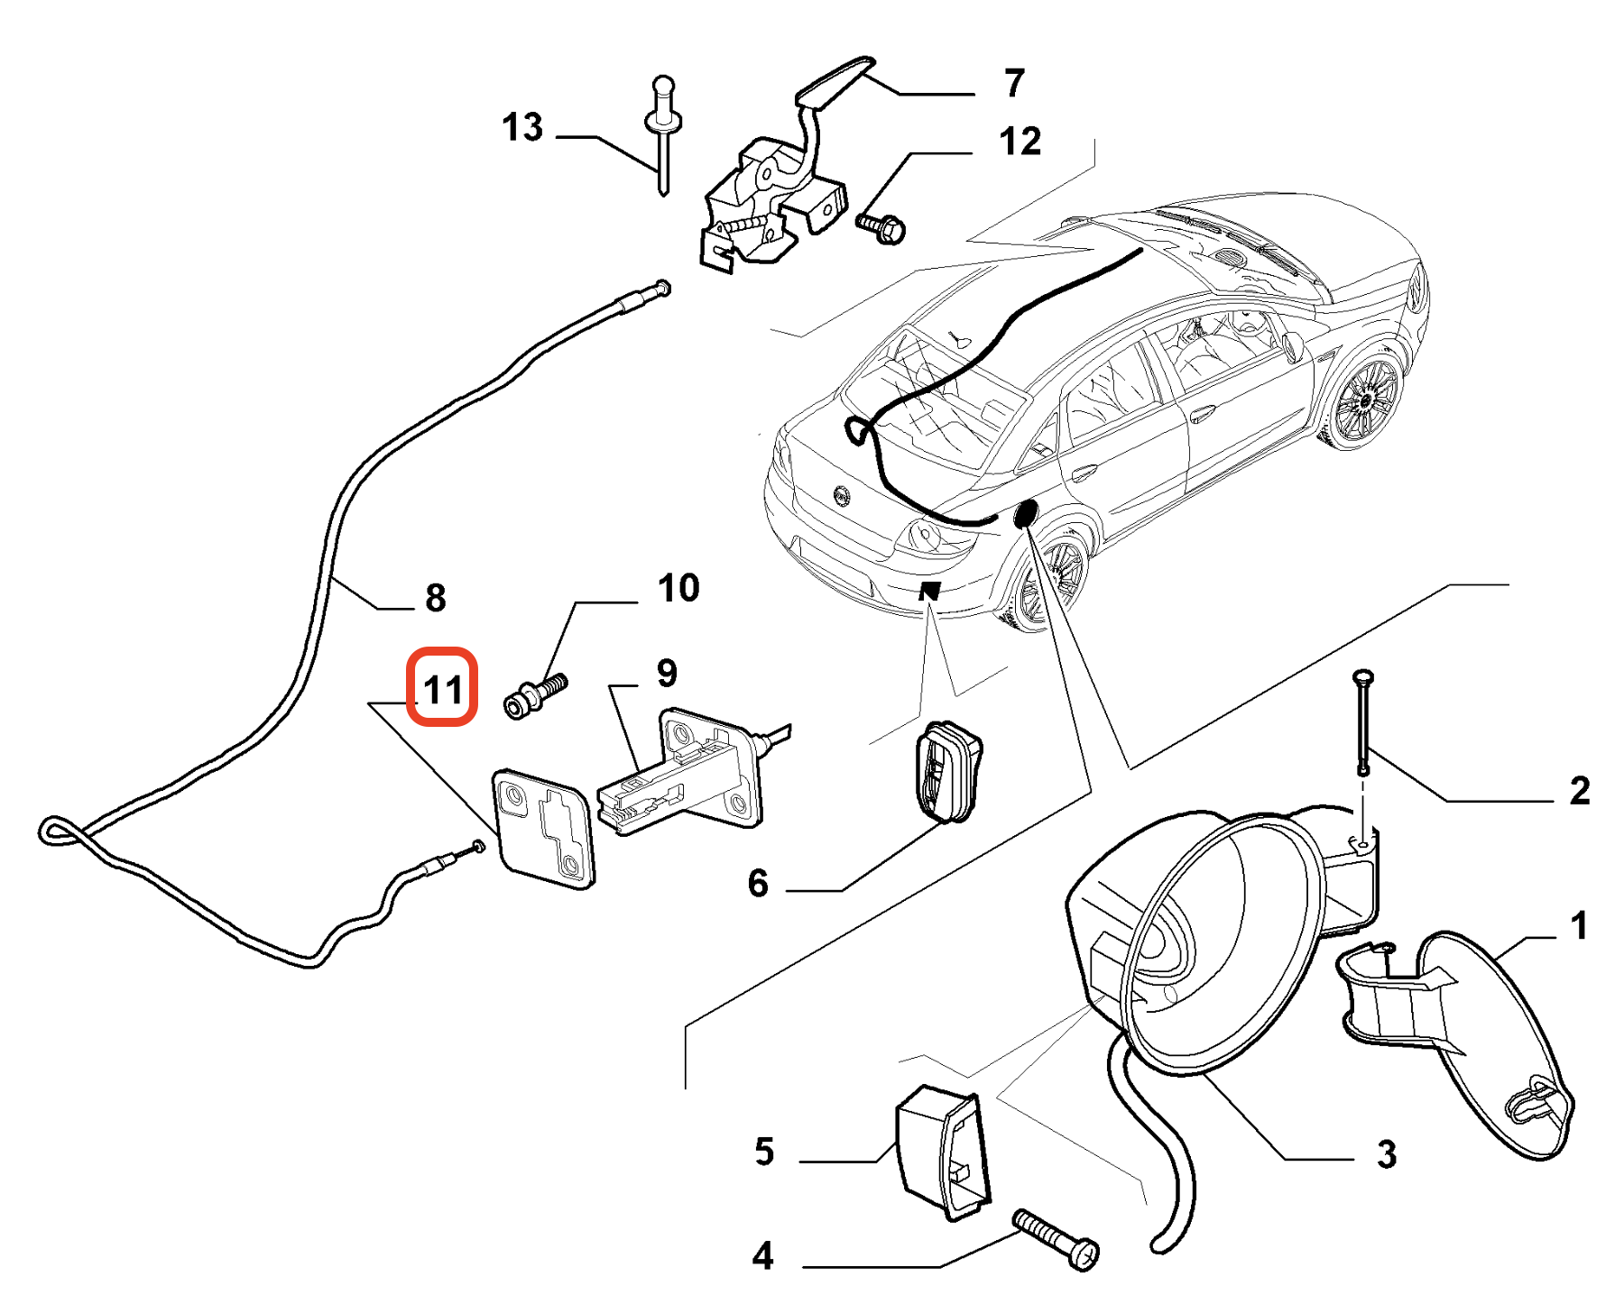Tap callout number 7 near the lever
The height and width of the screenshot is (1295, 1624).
pos(1014,83)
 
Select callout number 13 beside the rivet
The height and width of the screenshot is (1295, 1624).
pos(522,127)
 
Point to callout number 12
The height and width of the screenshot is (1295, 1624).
pos(1020,142)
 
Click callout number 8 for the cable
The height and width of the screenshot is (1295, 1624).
pos(435,597)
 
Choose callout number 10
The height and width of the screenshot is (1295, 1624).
pos(678,588)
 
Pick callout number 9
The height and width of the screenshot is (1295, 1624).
pos(667,673)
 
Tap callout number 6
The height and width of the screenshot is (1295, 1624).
pos(758,884)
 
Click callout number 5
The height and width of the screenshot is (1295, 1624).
pos(764,1152)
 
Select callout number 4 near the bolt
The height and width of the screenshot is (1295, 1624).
pos(762,1256)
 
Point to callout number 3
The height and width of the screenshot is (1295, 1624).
pos(1387,1154)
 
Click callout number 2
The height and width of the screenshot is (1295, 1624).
pos(1579,791)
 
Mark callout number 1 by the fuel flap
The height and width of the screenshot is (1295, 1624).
pos(1578,926)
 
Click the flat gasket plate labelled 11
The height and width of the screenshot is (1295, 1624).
pos(545,828)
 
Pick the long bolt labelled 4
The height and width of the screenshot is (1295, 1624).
pos(1056,1239)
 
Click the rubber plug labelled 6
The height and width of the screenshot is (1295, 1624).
pos(948,771)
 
